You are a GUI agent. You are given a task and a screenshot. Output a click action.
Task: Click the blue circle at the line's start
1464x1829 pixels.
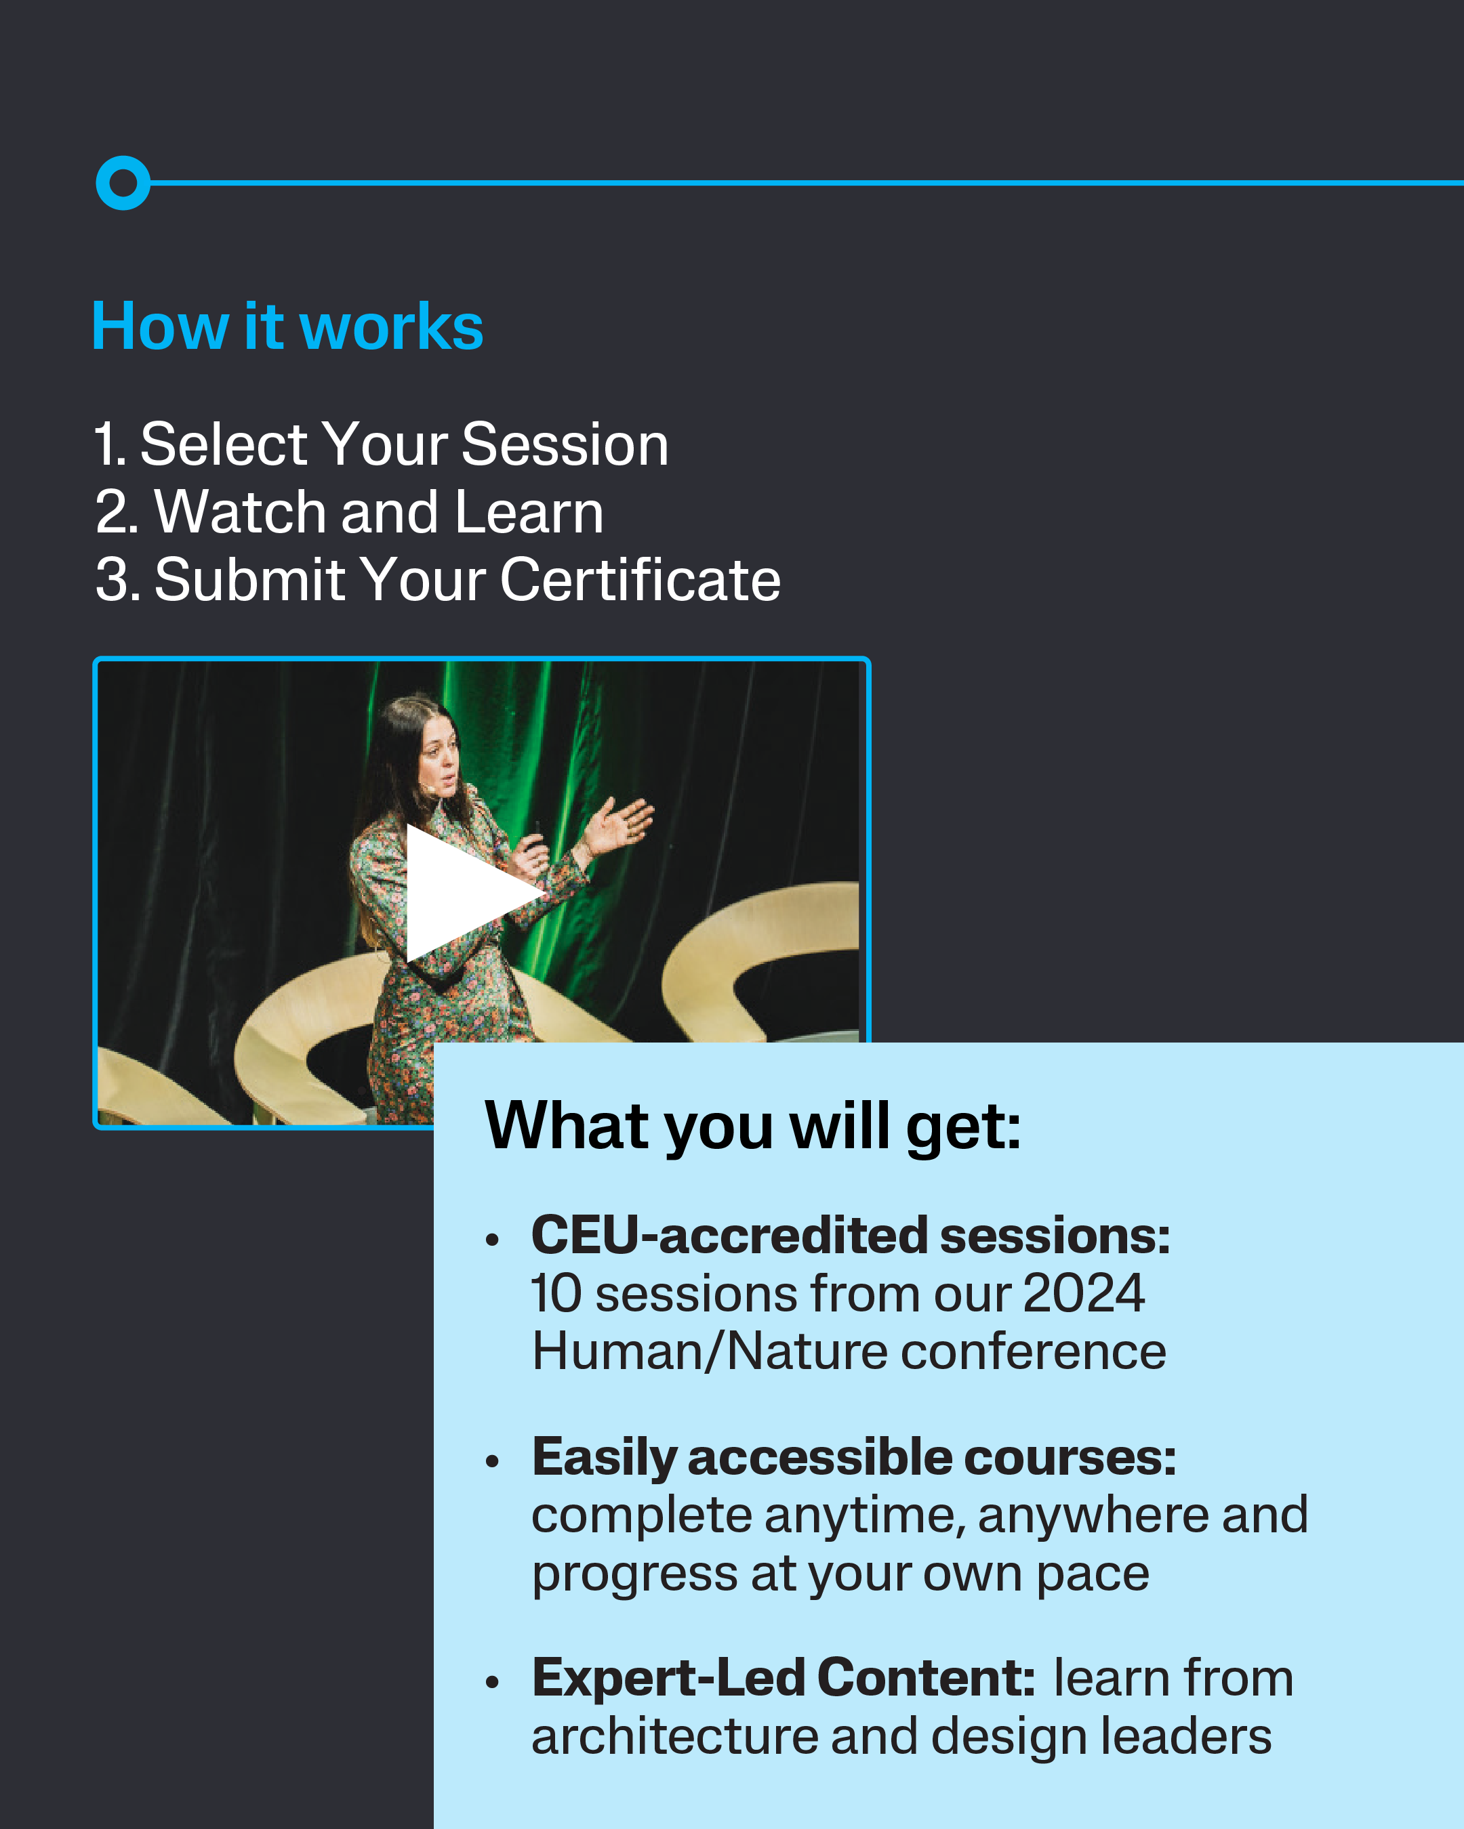coord(123,182)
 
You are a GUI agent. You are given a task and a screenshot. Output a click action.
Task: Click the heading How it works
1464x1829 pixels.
coord(287,326)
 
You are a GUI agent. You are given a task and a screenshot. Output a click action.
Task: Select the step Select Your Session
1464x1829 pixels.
coord(381,444)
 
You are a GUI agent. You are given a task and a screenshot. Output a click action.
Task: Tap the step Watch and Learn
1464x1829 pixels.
coord(349,512)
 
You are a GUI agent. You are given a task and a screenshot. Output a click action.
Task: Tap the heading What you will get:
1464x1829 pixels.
coord(753,1127)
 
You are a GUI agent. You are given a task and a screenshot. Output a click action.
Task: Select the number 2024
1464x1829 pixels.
coord(1084,1294)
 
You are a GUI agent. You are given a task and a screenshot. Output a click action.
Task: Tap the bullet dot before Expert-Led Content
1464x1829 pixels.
coord(492,1682)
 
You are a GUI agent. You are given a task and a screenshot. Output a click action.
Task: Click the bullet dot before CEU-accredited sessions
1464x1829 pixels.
coord(492,1240)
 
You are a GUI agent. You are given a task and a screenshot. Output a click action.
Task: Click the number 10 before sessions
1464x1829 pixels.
coord(556,1294)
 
